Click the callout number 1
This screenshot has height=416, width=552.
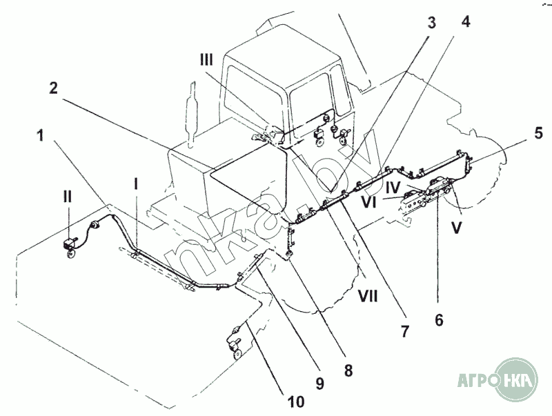click(41, 135)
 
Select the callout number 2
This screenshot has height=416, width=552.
click(53, 88)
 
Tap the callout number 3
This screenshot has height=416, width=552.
click(432, 22)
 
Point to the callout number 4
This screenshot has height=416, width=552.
click(466, 22)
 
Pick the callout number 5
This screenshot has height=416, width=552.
click(538, 133)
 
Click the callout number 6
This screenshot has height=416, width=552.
click(439, 320)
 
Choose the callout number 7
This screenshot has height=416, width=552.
click(405, 331)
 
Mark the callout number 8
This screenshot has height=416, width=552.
click(348, 370)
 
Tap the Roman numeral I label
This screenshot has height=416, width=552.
click(136, 184)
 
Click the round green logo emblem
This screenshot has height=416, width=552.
click(516, 379)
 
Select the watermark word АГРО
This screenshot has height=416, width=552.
click(477, 379)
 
